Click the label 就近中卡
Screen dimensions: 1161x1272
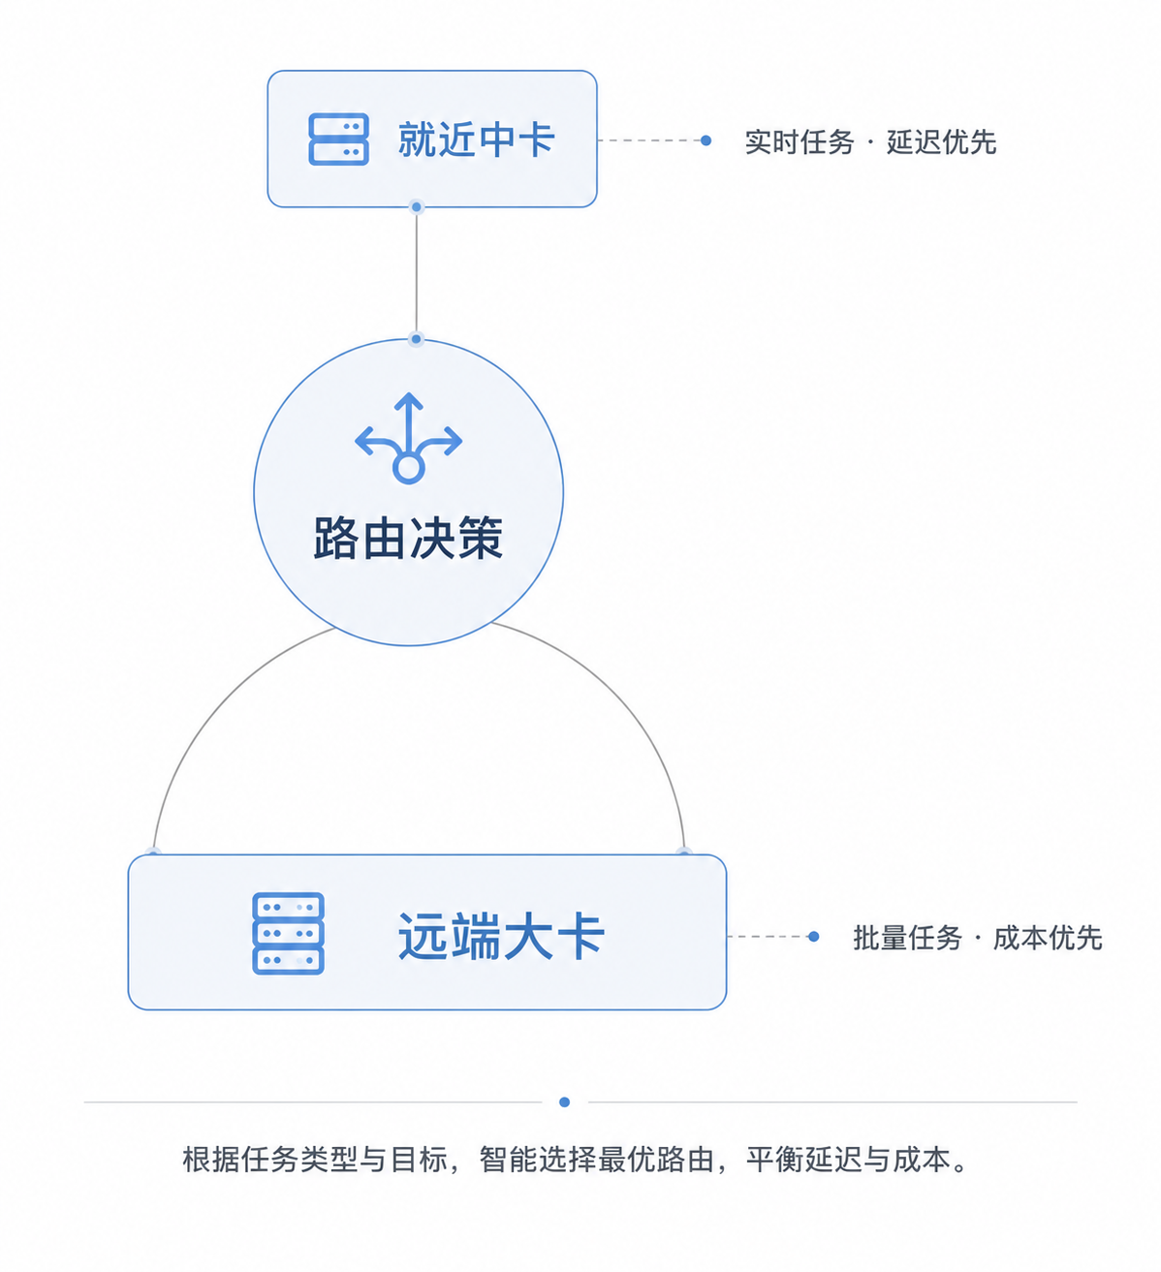click(x=476, y=140)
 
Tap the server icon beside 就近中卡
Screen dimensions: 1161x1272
click(x=338, y=139)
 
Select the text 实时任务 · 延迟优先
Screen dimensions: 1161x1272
click(x=870, y=141)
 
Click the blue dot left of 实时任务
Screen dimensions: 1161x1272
click(x=706, y=140)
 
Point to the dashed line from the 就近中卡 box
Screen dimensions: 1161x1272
click(x=649, y=140)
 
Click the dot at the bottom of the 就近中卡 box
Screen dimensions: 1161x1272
click(x=416, y=206)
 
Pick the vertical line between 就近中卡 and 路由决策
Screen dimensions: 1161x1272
click(x=416, y=272)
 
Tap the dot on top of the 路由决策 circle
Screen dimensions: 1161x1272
click(x=416, y=339)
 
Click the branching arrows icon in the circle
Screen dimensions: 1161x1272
click(x=409, y=438)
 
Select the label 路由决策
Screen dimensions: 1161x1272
click(x=409, y=538)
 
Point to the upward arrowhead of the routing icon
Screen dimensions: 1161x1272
click(x=409, y=400)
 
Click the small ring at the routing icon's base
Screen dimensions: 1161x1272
click(x=409, y=469)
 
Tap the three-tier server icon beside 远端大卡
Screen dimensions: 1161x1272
click(x=288, y=933)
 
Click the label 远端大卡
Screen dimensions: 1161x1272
click(x=501, y=936)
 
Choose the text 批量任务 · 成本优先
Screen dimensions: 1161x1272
click(x=977, y=938)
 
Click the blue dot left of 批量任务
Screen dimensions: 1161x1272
click(x=813, y=937)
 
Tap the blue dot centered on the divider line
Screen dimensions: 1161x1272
click(x=564, y=1102)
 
